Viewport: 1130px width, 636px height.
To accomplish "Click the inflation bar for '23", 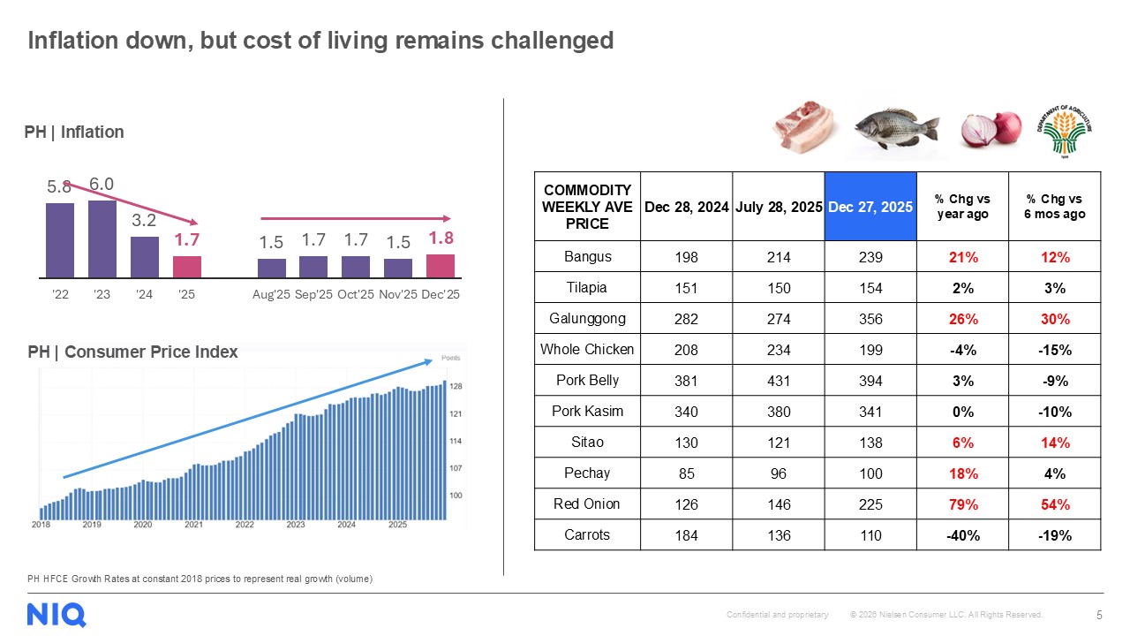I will [102, 238].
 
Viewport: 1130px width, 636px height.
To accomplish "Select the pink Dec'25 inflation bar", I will [440, 266].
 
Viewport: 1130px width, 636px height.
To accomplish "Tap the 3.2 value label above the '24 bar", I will [144, 221].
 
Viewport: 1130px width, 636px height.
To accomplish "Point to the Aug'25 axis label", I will [270, 294].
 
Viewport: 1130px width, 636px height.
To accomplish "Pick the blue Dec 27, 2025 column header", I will [870, 207].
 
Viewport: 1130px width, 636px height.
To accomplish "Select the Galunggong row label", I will [587, 319].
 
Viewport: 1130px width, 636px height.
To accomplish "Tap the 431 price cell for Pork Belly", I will [778, 382].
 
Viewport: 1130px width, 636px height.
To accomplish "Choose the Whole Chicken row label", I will [587, 350].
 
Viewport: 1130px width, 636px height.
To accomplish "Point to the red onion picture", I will [991, 129].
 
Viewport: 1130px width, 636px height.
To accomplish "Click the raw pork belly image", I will [803, 127].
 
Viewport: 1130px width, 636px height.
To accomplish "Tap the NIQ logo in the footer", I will [56, 614].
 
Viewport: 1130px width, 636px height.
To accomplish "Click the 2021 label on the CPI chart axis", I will [193, 525].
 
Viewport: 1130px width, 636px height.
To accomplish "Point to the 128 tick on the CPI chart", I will [456, 387].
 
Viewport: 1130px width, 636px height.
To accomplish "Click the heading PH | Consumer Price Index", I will [132, 352].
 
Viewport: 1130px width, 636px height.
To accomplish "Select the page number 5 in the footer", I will [1098, 615].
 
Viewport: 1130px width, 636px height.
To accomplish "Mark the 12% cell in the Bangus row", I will [1055, 258].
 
